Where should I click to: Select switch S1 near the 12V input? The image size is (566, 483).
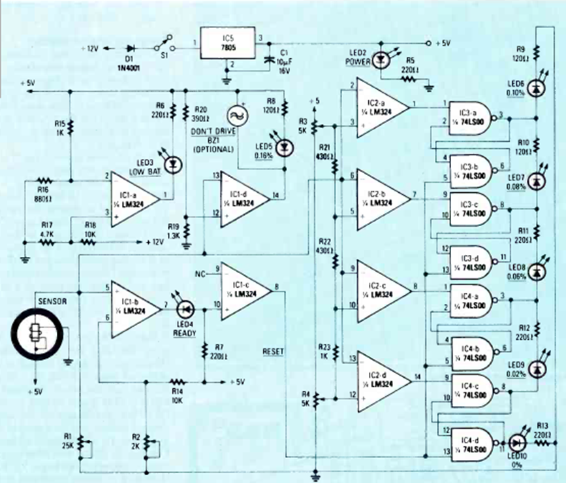[163, 48]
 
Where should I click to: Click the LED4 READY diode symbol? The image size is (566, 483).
[186, 306]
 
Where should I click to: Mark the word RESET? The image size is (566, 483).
[274, 351]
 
